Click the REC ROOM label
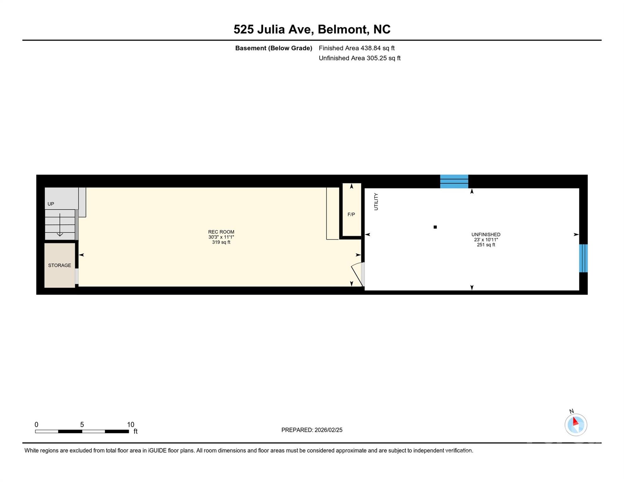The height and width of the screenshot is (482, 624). point(221,232)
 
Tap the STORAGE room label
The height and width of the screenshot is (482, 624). point(59,265)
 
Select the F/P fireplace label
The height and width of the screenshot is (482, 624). point(351,215)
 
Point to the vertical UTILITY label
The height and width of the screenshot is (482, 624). point(376,201)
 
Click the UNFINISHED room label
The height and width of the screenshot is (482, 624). point(486,234)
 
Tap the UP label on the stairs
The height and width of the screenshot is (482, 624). point(51,204)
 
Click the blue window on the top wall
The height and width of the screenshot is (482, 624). point(454,182)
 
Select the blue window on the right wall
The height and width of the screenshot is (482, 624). point(583,258)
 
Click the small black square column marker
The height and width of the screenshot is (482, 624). point(435,227)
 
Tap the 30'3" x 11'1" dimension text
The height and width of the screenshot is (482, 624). point(221,237)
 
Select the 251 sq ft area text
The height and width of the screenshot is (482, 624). point(486,245)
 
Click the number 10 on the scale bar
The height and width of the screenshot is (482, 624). point(131,424)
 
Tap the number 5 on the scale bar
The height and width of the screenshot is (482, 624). point(82,424)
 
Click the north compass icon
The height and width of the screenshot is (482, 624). point(576,425)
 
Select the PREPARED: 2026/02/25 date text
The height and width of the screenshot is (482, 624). point(312,430)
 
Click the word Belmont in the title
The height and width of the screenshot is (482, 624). point(343,29)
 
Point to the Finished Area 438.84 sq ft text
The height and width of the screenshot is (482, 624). point(357,48)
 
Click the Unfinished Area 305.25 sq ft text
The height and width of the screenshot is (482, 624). point(359,58)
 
